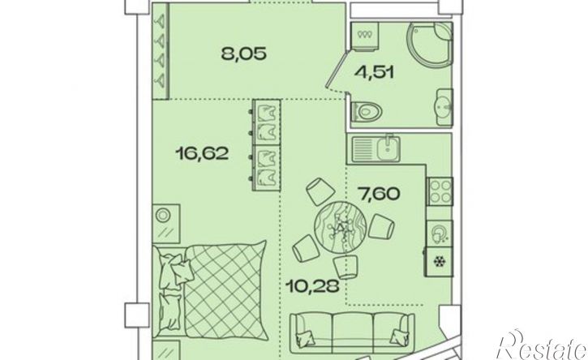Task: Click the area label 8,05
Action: point(244,54)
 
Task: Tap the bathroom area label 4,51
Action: point(375,71)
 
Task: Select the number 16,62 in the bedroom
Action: point(202,153)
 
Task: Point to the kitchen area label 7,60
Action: point(379,195)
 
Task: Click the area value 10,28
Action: point(312,286)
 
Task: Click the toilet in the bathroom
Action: point(367,111)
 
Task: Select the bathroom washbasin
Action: point(445,107)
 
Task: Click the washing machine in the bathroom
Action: point(365,36)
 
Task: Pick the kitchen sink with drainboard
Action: point(376,149)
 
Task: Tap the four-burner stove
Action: point(440,191)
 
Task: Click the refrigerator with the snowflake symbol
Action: point(439,262)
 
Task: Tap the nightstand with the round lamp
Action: point(166,224)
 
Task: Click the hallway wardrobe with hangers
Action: point(161,52)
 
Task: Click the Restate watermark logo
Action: point(542,345)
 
